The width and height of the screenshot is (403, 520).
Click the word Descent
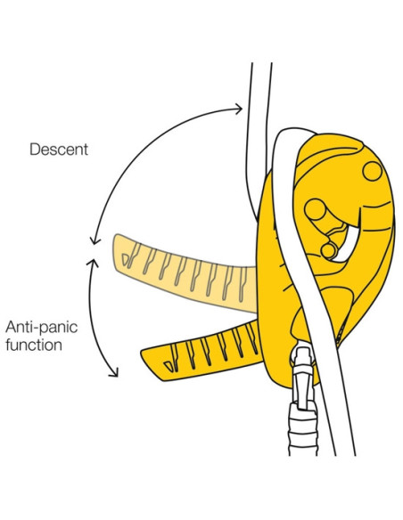(59, 149)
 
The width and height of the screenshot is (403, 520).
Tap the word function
(34, 344)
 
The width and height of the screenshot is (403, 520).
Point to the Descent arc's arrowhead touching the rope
(238, 109)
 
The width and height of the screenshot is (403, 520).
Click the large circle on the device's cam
(316, 211)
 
